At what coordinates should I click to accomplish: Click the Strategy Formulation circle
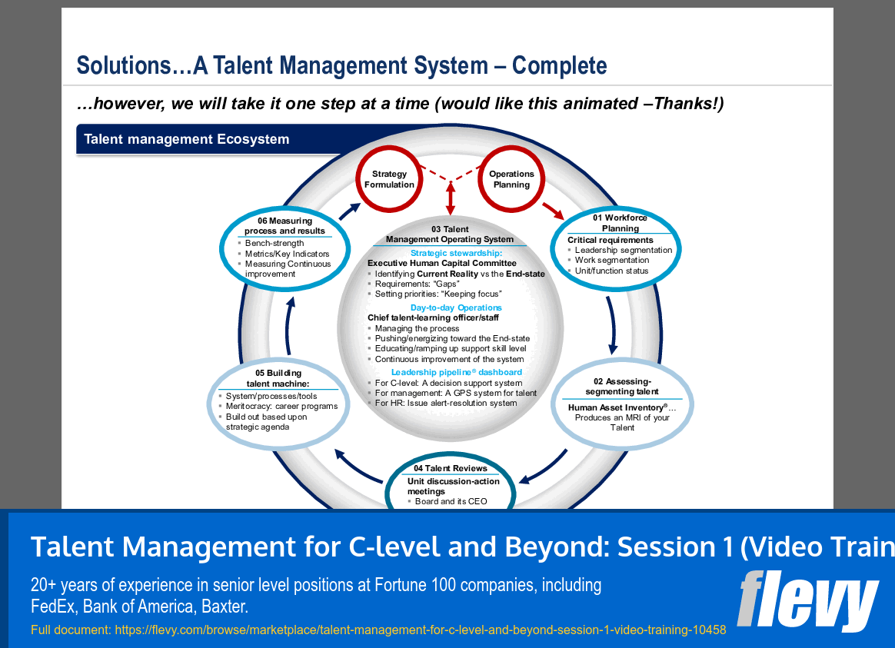(x=388, y=179)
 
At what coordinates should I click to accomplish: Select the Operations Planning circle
(x=511, y=179)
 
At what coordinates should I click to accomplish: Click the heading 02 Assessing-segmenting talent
(x=622, y=387)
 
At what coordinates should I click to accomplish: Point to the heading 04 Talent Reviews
(x=450, y=468)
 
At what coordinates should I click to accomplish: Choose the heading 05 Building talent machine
(x=278, y=378)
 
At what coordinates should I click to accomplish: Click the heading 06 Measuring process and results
(x=284, y=226)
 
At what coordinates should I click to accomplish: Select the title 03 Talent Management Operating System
(x=450, y=234)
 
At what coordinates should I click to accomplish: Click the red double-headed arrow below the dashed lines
(x=451, y=199)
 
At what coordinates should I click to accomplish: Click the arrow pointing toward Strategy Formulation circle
(x=349, y=211)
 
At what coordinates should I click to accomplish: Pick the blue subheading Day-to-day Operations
(x=456, y=307)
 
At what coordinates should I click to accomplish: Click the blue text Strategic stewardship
(x=456, y=253)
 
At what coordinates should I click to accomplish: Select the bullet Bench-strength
(x=274, y=244)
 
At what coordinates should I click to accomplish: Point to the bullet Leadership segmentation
(x=623, y=250)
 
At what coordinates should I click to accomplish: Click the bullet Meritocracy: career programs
(x=281, y=406)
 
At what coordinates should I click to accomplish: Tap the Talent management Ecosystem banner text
(x=187, y=139)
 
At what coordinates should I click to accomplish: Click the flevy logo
(x=807, y=599)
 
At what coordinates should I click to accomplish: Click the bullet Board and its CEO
(x=451, y=501)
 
